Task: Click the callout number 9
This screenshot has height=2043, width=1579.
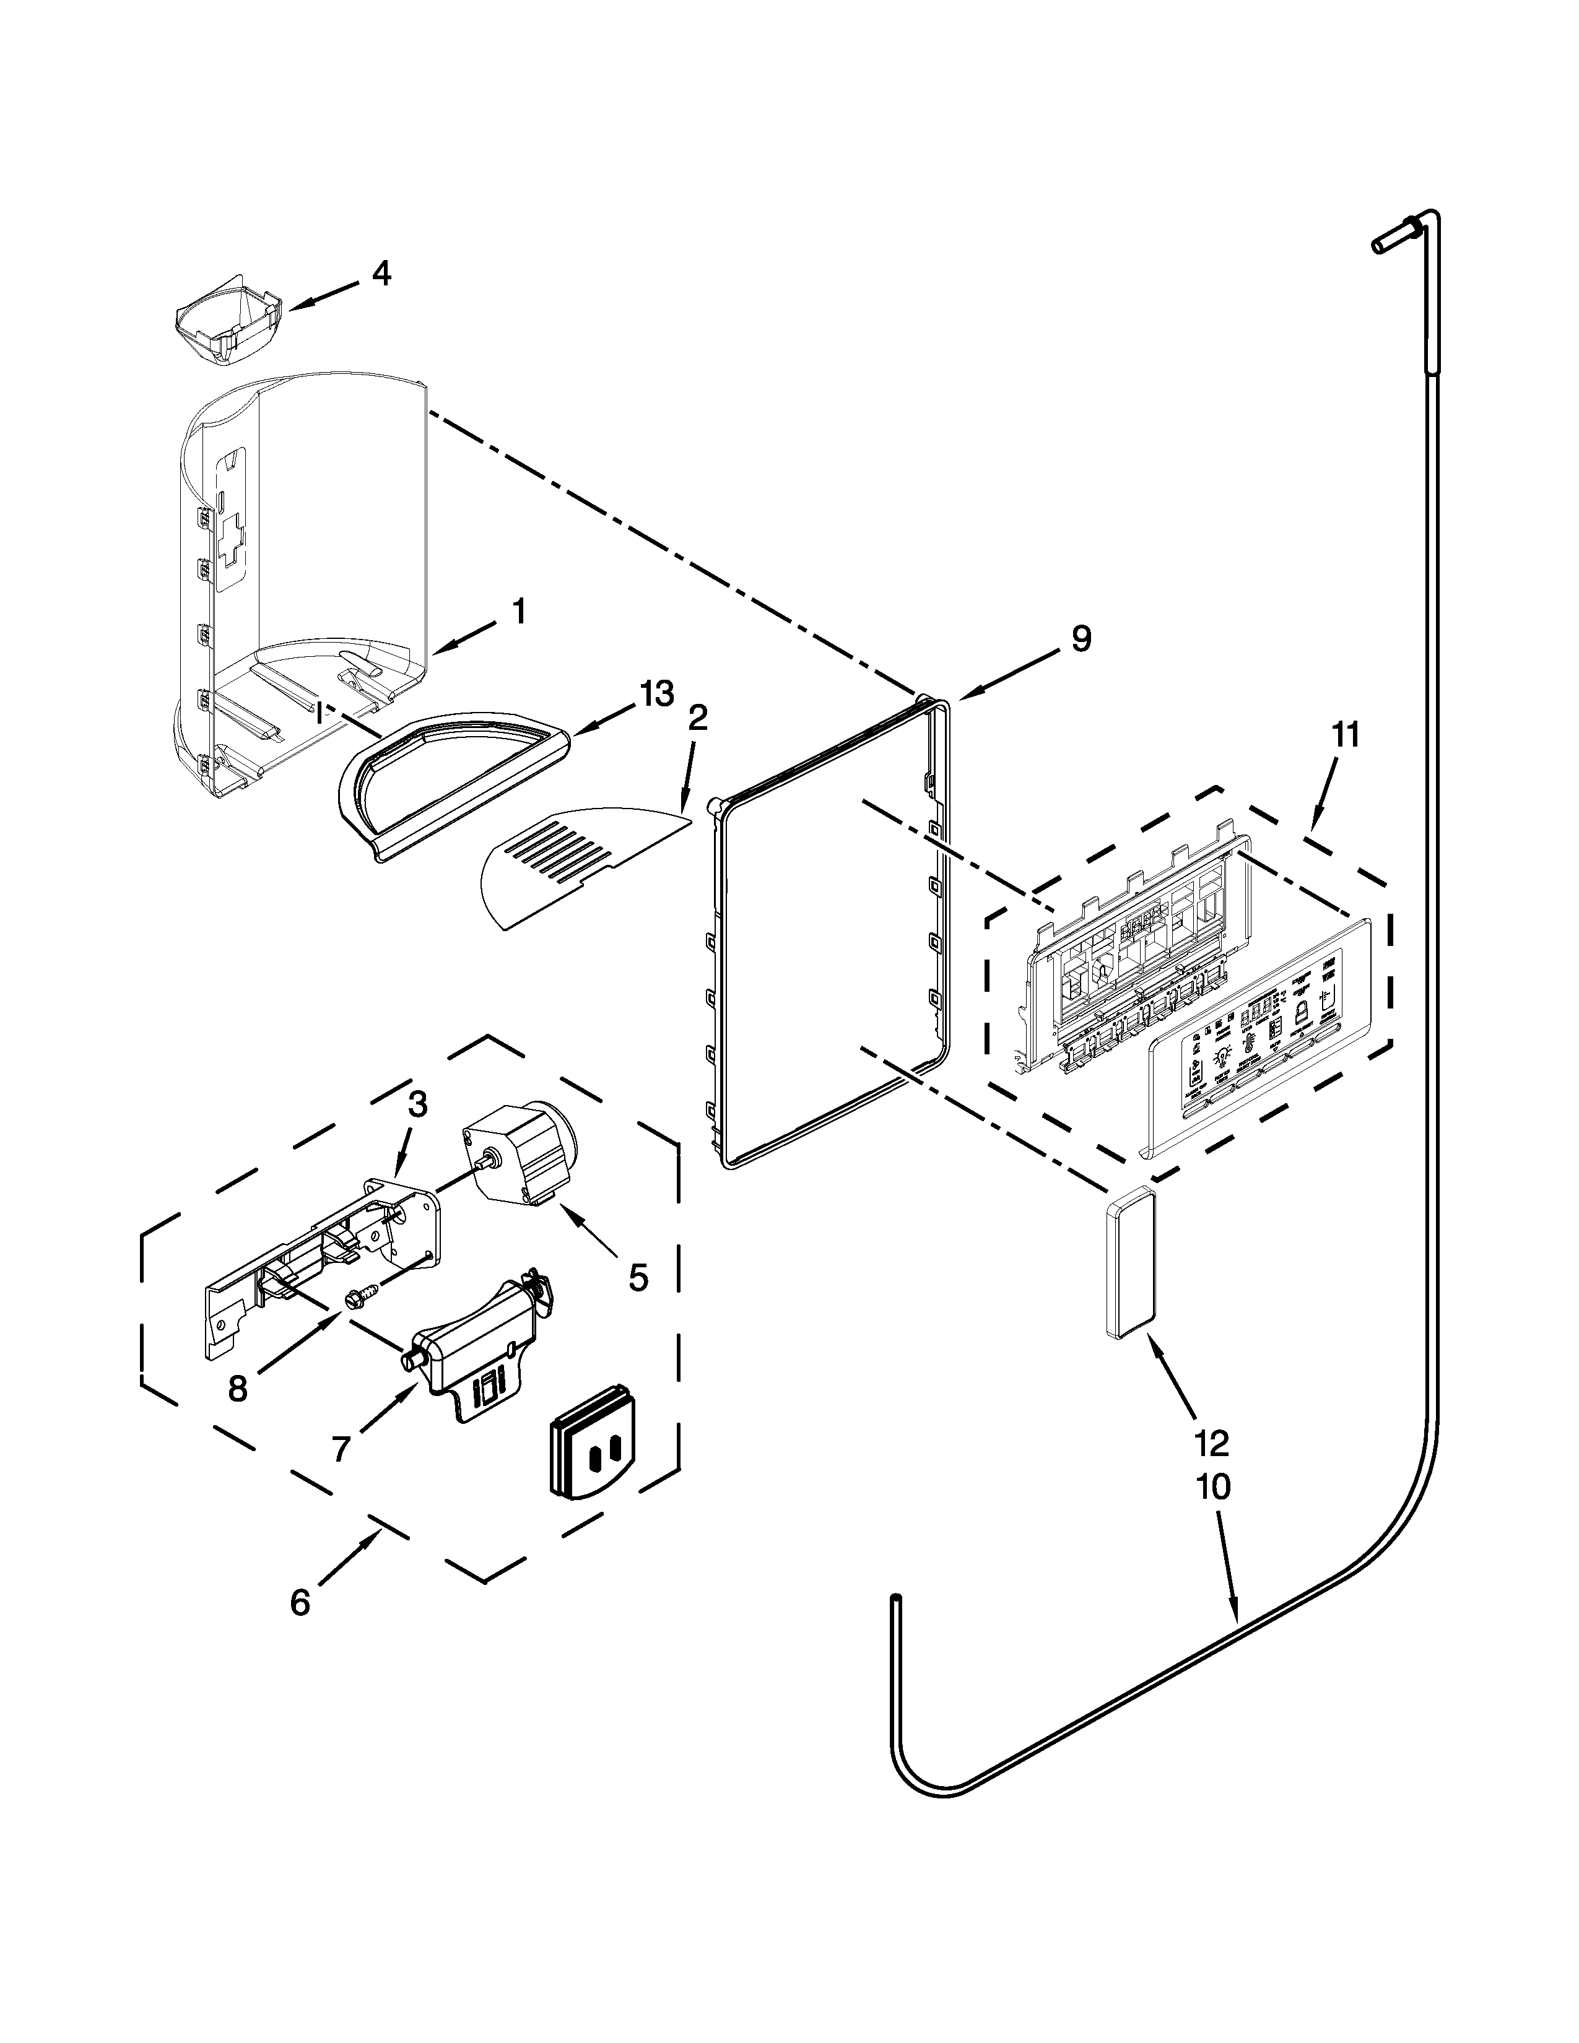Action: (1081, 639)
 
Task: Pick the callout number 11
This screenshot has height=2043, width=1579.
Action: (1344, 735)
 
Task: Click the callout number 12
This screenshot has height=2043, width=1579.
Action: (1211, 1443)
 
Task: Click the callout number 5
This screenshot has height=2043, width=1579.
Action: (637, 1277)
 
